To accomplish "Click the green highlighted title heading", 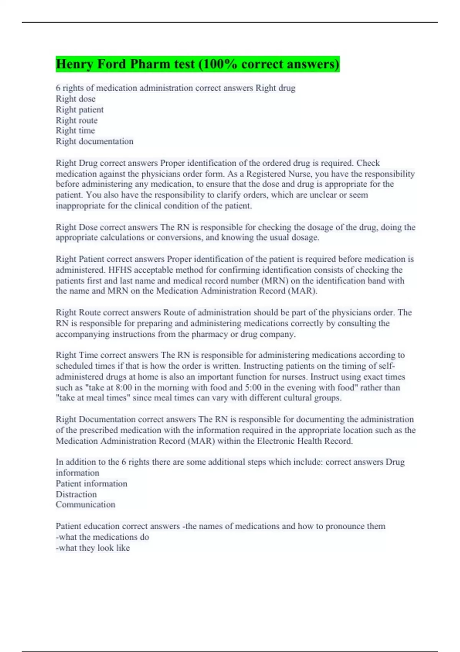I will (x=197, y=64).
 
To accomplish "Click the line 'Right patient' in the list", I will (x=80, y=110).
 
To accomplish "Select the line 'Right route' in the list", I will (x=77, y=120).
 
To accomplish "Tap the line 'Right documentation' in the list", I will (x=95, y=142).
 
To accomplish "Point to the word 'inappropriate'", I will (x=80, y=206).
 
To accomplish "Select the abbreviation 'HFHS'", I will (x=120, y=270).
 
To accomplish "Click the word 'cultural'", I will (x=281, y=398).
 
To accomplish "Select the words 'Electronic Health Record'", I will (x=304, y=441).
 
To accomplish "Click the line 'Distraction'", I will (x=76, y=494).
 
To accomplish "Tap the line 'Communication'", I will (x=85, y=504).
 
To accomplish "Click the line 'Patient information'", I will (x=92, y=483).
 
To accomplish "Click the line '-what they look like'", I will (x=93, y=548).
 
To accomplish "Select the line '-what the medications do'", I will (x=102, y=537).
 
